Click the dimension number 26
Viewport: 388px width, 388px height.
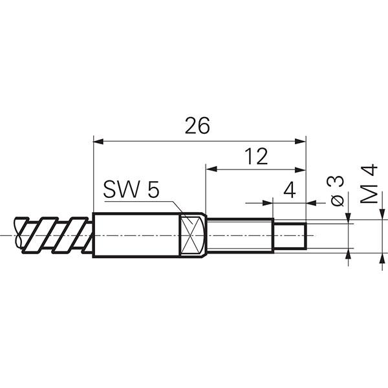click(197, 125)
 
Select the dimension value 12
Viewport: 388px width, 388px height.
click(256, 156)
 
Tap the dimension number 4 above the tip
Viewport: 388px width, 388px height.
click(290, 189)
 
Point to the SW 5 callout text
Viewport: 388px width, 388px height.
click(131, 189)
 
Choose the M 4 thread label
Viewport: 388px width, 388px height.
click(369, 184)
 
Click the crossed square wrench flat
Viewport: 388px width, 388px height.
click(191, 235)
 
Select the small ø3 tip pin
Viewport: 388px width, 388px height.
click(290, 236)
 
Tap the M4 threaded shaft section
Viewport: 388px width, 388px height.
click(240, 236)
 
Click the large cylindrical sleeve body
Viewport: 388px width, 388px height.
click(136, 235)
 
